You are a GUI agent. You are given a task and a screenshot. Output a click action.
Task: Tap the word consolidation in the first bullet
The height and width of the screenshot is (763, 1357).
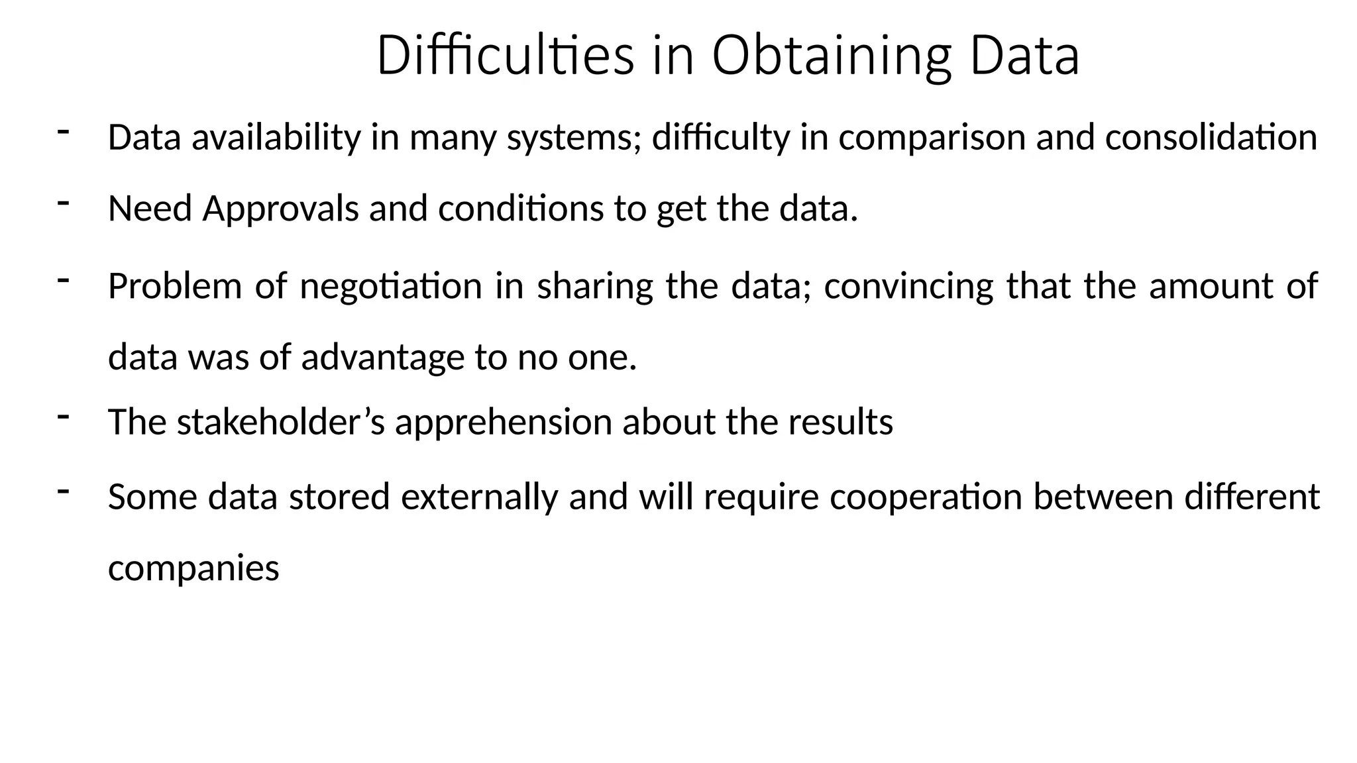[1211, 138]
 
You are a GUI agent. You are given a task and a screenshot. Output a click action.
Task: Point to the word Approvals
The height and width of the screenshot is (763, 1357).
[280, 209]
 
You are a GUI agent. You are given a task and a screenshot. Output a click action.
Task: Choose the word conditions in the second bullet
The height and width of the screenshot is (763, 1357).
[521, 209]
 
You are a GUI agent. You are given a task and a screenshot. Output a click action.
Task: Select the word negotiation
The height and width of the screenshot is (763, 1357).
[391, 287]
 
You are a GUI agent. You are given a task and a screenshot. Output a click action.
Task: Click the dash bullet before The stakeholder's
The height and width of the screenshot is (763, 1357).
[64, 416]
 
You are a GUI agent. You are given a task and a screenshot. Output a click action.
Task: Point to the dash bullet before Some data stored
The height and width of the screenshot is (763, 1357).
[64, 491]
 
